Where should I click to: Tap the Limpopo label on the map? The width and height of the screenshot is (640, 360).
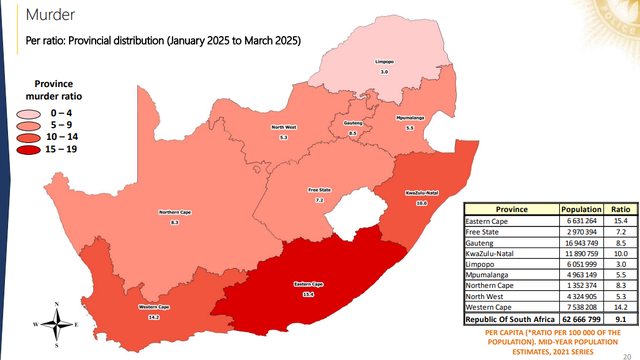pos(382,61)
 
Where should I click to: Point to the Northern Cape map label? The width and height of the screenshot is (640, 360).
pos(175,212)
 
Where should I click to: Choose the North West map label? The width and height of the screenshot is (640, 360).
pos(284,127)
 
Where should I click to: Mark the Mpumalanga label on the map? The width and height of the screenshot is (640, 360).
pos(408,118)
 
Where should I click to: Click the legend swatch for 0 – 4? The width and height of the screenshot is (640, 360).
pos(41,114)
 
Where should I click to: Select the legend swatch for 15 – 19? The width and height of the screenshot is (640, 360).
pos(41,149)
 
